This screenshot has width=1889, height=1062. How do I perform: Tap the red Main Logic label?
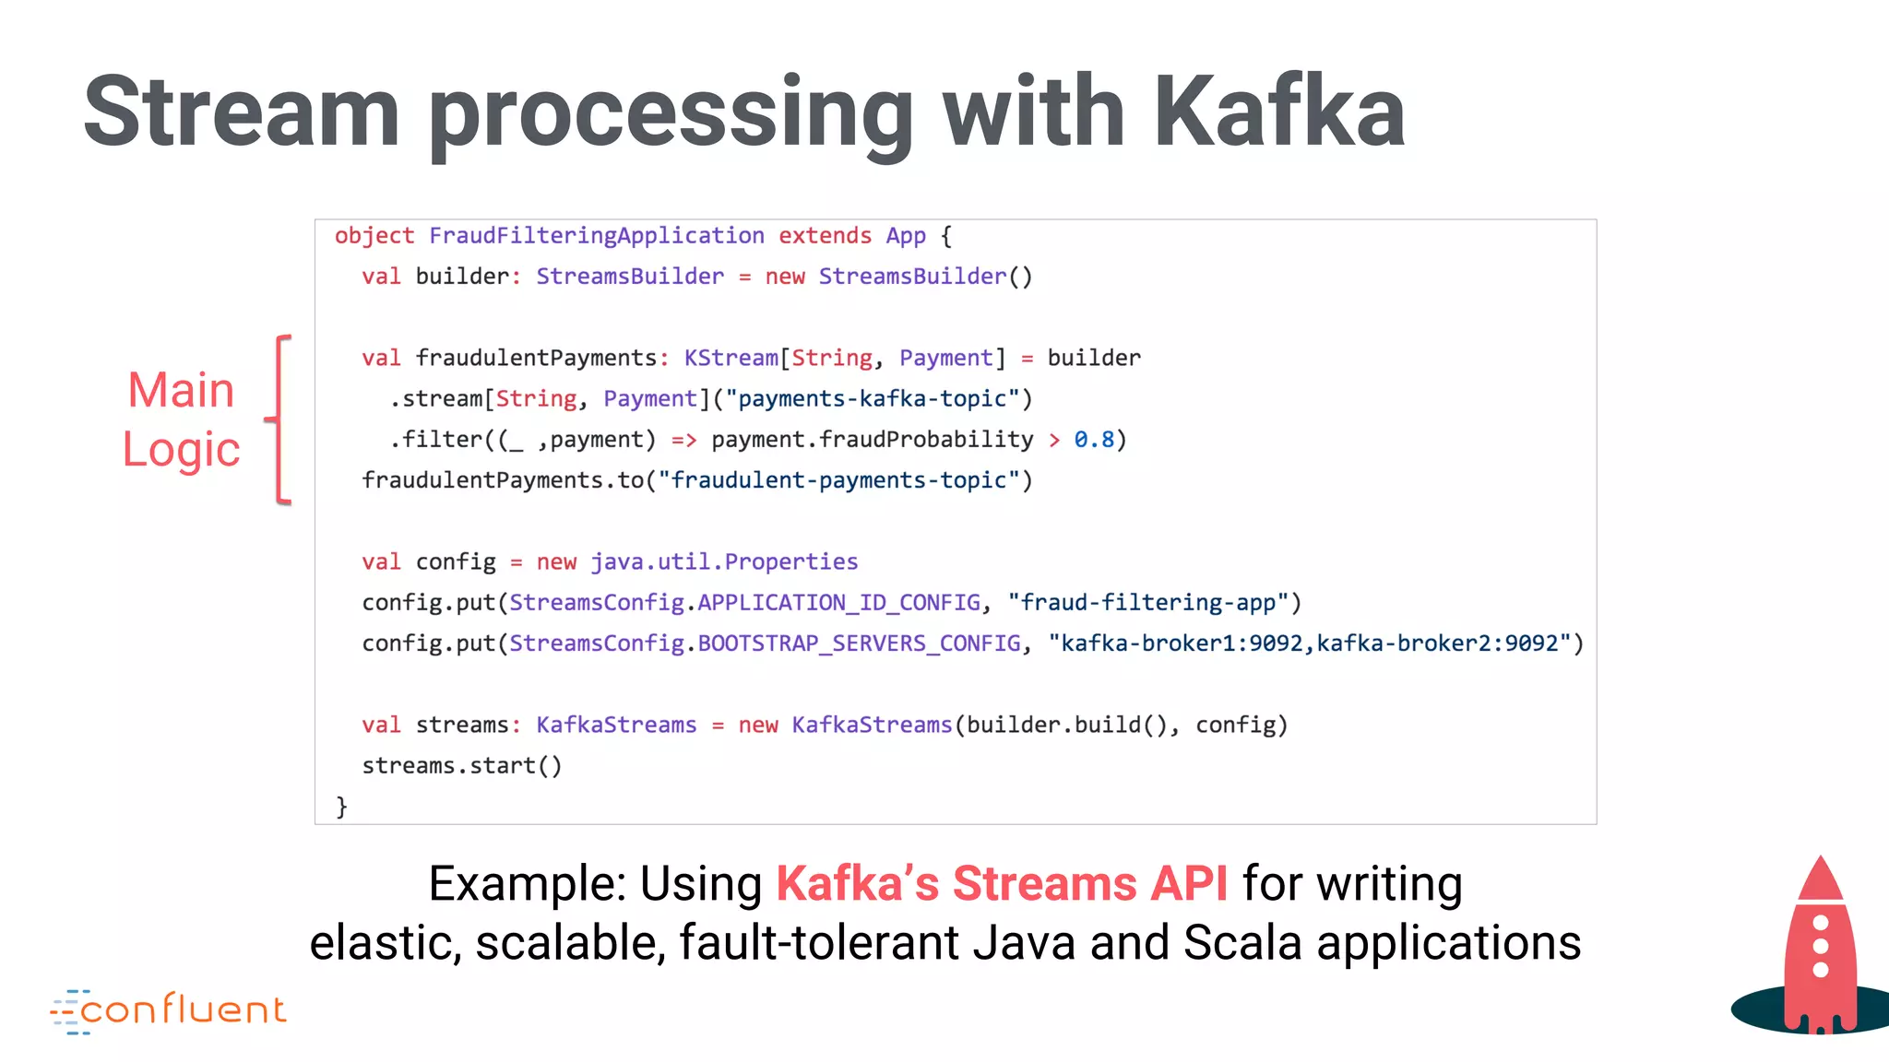[182, 419]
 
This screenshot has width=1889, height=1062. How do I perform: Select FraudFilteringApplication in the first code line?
[596, 236]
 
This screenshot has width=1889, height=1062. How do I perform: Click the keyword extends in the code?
[825, 236]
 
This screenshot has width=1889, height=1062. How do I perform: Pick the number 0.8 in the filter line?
[1094, 440]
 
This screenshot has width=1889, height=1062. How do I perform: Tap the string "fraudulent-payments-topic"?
[838, 480]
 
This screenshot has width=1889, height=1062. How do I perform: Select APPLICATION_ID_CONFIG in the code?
[838, 603]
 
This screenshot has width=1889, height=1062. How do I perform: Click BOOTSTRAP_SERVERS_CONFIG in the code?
[859, 643]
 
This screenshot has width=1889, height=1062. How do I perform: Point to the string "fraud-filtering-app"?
[1147, 603]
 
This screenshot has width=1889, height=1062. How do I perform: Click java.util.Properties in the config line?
[724, 562]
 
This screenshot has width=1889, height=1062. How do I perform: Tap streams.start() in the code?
[461, 766]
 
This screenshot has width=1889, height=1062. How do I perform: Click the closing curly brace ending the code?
[341, 807]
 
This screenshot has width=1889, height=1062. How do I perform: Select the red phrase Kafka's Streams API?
[1002, 883]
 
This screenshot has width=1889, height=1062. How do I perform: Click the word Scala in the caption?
[1242, 942]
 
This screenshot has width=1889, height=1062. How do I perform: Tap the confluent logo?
[170, 1011]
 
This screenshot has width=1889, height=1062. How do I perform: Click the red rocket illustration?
[1819, 950]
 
